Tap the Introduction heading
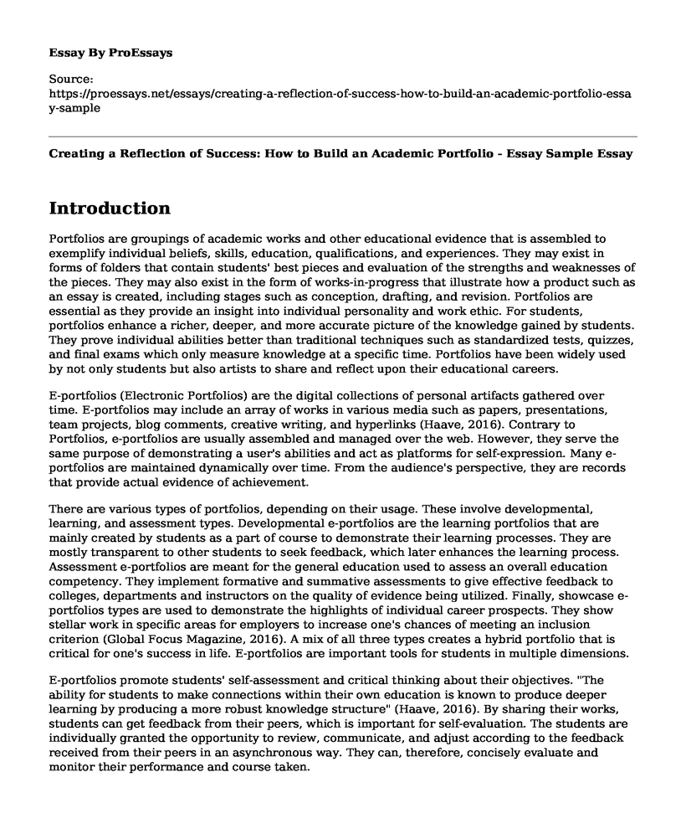[x=110, y=208]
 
